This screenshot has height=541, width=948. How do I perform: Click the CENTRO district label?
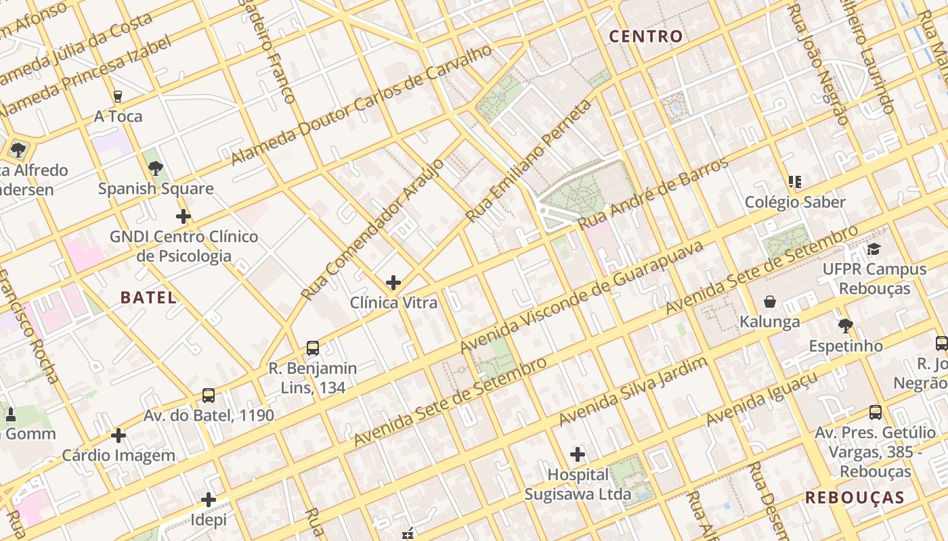pos(645,37)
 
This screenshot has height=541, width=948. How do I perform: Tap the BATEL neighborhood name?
pos(148,297)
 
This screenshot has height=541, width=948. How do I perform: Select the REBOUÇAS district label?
pos(855,498)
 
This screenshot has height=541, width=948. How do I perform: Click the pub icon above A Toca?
pos(118,97)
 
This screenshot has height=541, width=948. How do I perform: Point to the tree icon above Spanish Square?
pos(156,168)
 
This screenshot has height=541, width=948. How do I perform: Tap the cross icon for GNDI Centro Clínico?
pos(183,216)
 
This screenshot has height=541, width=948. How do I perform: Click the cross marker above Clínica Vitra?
pos(393,282)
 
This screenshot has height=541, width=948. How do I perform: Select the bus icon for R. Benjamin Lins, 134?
pos(312,348)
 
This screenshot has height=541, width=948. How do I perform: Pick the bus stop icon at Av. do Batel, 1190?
pos(209,396)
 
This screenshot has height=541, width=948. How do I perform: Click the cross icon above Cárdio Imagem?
pos(118,436)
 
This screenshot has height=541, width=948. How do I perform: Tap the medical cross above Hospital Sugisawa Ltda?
pos(578,454)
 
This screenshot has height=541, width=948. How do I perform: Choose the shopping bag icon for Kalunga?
pos(770,302)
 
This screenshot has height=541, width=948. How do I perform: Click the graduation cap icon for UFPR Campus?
pos(874,249)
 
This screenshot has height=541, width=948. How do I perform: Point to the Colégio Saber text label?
pos(795,202)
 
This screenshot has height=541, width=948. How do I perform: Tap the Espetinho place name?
pos(846,346)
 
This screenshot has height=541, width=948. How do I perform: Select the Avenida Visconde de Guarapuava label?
pos(582,297)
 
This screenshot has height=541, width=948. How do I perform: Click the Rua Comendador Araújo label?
pos(372,229)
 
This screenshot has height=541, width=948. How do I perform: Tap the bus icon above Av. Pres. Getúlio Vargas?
pos(875,412)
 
